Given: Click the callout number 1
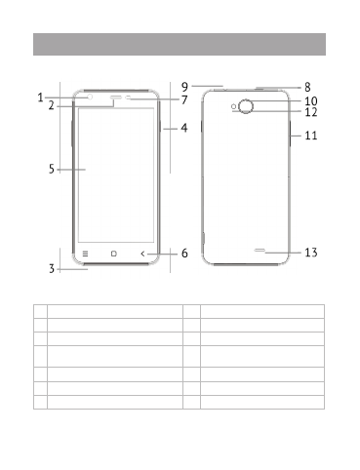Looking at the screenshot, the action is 40,98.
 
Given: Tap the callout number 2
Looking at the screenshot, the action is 52,105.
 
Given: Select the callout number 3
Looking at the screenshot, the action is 52,269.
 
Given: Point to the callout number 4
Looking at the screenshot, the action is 184,128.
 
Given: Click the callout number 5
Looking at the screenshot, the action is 52,169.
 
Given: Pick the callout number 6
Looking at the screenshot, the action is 184,253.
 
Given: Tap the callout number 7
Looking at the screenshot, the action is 184,99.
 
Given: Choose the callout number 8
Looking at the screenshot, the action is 307,87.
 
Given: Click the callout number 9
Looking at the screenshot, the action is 184,87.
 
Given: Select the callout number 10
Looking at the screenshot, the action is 311,101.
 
